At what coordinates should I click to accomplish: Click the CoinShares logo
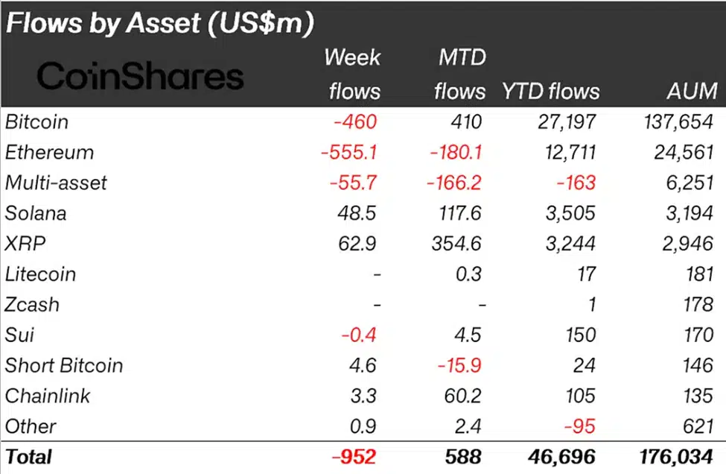point(141,76)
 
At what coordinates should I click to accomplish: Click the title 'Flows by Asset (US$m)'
point(159,22)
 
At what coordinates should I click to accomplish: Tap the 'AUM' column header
point(693,91)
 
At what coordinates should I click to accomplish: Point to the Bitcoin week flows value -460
point(355,121)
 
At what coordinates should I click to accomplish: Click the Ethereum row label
point(49,152)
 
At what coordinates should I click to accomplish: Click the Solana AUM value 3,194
point(689,213)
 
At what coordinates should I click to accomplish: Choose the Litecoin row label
point(40,274)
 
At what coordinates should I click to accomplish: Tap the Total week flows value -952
point(354,455)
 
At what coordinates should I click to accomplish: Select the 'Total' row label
point(28,455)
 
